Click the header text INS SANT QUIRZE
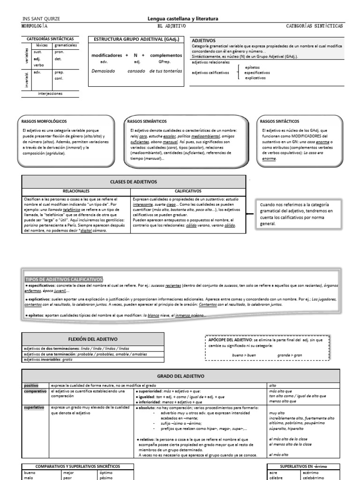tap(41, 19)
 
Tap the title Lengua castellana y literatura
tap(183, 19)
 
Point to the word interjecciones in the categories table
tap(50, 93)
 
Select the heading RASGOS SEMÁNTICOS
tap(145, 121)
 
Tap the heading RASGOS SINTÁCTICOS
tap(280, 121)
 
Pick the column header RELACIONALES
tap(76, 191)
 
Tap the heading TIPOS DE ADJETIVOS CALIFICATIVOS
tap(64, 279)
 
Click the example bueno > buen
tap(244, 355)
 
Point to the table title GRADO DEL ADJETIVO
tap(180, 376)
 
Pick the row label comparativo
tap(36, 390)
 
